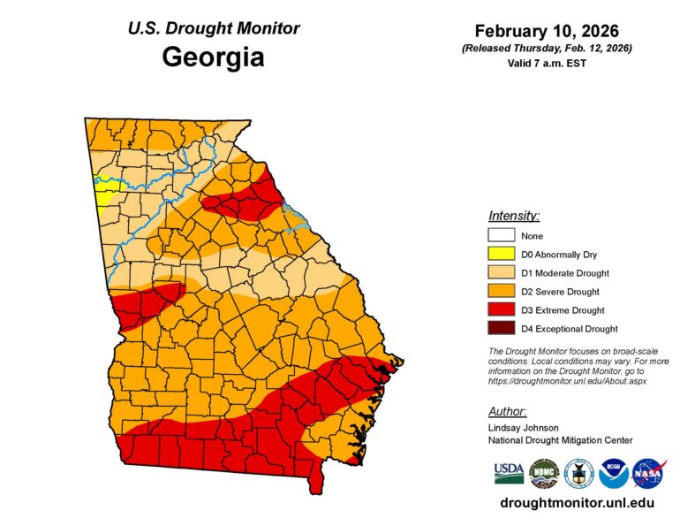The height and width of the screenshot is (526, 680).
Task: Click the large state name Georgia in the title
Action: (213, 58)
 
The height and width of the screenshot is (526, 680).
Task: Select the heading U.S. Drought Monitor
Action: (213, 28)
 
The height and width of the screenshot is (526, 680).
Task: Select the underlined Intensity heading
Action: (514, 216)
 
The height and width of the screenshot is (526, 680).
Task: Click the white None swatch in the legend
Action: (501, 236)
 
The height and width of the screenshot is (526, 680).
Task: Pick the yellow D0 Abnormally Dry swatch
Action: (501, 255)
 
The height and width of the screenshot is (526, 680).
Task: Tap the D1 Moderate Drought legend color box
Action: (501, 273)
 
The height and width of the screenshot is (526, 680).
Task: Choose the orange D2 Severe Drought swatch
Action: (501, 292)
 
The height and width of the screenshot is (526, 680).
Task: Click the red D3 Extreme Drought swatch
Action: (501, 310)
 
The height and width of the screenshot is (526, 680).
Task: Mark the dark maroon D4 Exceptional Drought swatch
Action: (501, 329)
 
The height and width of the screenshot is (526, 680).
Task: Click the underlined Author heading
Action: (508, 411)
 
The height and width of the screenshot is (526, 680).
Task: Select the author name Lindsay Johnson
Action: (524, 427)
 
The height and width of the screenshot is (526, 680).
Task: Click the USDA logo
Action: (509, 474)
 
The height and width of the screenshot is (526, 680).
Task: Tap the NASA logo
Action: (649, 474)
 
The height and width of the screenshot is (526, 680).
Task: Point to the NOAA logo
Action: (614, 474)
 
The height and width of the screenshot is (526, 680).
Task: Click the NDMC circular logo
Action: (544, 474)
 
